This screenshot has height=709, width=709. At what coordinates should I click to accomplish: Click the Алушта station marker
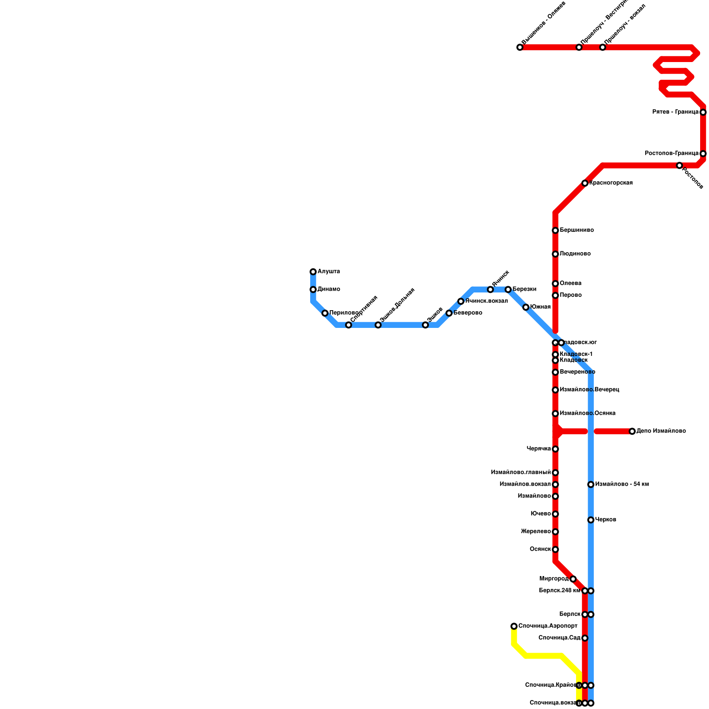pos(313,272)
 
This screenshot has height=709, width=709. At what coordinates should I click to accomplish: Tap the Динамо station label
pos(329,289)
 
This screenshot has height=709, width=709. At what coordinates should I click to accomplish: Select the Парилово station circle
pos(325,313)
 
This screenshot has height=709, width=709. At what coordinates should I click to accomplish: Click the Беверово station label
pos(467,313)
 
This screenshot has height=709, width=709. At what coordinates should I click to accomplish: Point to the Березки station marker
pos(508,289)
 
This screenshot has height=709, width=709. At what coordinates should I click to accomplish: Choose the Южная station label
pos(540,307)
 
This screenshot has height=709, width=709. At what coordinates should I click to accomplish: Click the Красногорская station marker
pos(585,183)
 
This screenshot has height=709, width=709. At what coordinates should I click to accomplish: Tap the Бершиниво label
pos(577,230)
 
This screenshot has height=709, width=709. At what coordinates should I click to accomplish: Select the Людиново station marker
pos(555,254)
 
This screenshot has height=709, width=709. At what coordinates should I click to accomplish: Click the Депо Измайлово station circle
pos(632,431)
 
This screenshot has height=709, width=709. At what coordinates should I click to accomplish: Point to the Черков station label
pos(605,520)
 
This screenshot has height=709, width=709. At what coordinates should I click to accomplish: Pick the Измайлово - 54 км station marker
pos(591,484)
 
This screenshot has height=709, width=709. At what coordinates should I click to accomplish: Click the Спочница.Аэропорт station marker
pos(514,626)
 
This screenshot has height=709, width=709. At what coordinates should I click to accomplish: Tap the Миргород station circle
pos(573,579)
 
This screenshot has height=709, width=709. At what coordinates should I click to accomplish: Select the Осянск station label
pos(540,549)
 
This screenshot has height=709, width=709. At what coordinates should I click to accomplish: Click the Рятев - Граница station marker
pos(703,112)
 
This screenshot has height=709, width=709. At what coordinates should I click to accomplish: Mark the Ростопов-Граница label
pos(672,153)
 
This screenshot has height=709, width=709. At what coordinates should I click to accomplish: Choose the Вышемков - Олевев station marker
pos(520,47)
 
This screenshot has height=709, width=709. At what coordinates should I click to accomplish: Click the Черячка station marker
pos(555,449)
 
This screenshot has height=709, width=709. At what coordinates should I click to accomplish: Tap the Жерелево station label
pos(536,532)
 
